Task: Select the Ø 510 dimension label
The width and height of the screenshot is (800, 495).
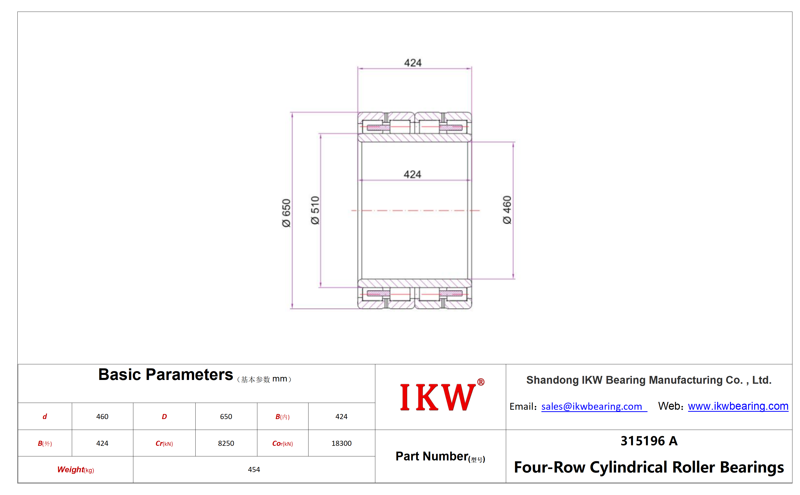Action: [x=315, y=210]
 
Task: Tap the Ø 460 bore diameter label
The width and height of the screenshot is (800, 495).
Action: [x=507, y=210]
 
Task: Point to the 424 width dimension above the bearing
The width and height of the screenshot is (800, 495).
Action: [x=413, y=63]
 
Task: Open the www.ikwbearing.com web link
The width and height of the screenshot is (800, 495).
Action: [x=738, y=406]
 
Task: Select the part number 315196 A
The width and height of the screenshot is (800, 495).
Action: [x=649, y=441]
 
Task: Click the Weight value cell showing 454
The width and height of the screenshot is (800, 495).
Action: [x=254, y=470]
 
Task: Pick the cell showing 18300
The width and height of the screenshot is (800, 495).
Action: [x=342, y=443]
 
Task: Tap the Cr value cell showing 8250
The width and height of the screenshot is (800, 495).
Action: [x=226, y=443]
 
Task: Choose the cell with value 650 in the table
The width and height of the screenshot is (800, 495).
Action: [x=226, y=417]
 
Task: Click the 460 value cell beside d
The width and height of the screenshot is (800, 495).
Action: [x=102, y=417]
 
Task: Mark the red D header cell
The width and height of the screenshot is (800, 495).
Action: [x=164, y=417]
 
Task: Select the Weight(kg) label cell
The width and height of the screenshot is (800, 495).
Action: [x=76, y=470]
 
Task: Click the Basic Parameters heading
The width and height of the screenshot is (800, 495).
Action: [x=166, y=374]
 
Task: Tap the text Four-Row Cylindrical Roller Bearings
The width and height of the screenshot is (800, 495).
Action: [x=649, y=467]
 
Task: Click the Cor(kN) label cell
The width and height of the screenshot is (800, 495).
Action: [x=283, y=443]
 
